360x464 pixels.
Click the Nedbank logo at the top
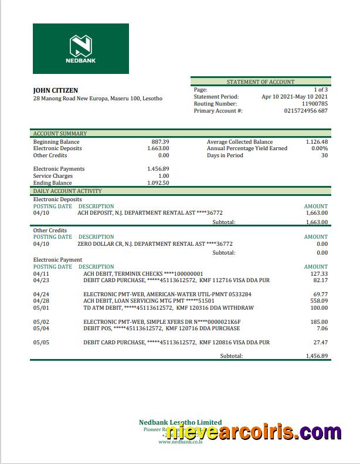point(81,48)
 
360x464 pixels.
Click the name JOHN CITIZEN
point(56,90)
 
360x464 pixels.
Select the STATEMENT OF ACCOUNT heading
point(260,82)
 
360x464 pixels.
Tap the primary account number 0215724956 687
point(305,111)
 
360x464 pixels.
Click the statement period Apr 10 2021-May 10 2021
point(294,97)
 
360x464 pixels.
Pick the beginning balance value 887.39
point(160,142)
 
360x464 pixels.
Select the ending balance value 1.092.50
point(158,183)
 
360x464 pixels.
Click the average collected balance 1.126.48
point(317,142)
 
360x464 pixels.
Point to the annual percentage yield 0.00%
point(319,148)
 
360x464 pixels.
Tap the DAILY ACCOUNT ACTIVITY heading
point(67,191)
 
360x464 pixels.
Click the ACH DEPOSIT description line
point(150,213)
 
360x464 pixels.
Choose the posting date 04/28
point(42,301)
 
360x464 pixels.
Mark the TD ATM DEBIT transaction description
point(168,308)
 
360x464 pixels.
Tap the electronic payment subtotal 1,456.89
point(317,356)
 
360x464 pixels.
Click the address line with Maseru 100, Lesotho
point(98,99)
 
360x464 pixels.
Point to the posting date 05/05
point(42,343)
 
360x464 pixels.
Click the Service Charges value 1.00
point(164,176)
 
